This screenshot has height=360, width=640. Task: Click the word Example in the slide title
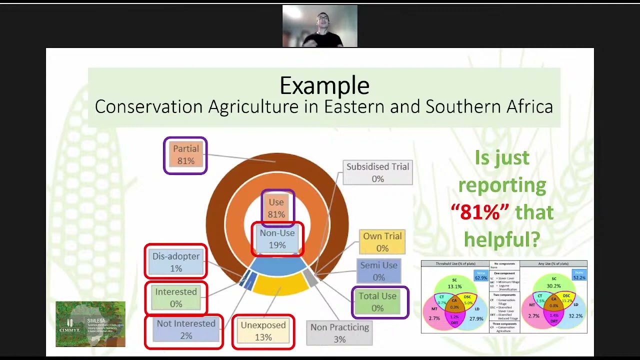click(x=324, y=85)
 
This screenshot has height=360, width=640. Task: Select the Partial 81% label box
click(x=185, y=155)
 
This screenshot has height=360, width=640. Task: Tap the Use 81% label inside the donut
click(x=276, y=208)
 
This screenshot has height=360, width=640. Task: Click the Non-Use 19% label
click(x=277, y=239)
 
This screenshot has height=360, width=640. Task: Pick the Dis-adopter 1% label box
click(x=176, y=262)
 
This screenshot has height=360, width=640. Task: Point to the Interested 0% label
click(x=176, y=297)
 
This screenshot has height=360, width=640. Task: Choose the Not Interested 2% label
click(x=185, y=329)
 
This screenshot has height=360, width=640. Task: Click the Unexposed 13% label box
click(x=263, y=331)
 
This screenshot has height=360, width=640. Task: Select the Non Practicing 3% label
click(x=339, y=333)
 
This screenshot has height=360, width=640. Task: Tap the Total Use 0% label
click(x=377, y=302)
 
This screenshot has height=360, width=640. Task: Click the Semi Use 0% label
click(x=378, y=271)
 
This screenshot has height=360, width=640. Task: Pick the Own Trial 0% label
click(x=382, y=242)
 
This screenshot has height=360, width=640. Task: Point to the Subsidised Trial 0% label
click(x=377, y=172)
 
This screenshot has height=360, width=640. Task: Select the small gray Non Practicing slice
click(x=311, y=279)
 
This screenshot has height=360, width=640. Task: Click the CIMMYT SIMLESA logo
click(x=90, y=324)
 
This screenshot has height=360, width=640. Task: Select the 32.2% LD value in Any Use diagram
click(x=576, y=316)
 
